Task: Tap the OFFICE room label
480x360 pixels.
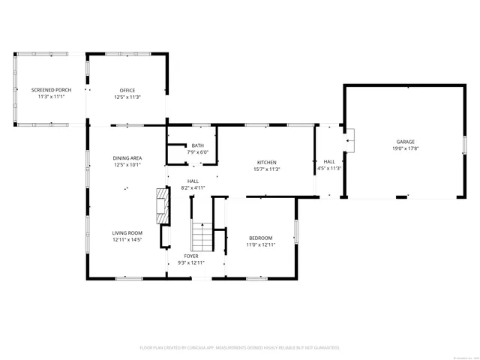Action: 127,91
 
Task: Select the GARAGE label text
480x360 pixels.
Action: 406,142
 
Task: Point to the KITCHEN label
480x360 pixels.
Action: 267,163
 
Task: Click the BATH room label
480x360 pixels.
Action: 197,145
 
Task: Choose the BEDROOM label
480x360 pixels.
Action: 260,238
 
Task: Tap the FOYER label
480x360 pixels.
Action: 191,256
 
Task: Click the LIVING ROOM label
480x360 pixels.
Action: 127,233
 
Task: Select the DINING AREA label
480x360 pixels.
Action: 127,157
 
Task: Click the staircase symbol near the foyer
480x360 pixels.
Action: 202,237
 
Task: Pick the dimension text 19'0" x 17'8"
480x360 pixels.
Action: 406,148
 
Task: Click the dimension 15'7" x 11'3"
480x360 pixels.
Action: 267,169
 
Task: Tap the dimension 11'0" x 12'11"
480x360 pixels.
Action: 260,244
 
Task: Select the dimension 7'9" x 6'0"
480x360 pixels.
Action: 197,152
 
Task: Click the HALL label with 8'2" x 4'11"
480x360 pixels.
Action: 193,181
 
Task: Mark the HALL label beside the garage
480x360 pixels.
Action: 329,161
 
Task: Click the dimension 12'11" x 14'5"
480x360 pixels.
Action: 127,240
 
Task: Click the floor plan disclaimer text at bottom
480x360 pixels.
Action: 240,348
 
